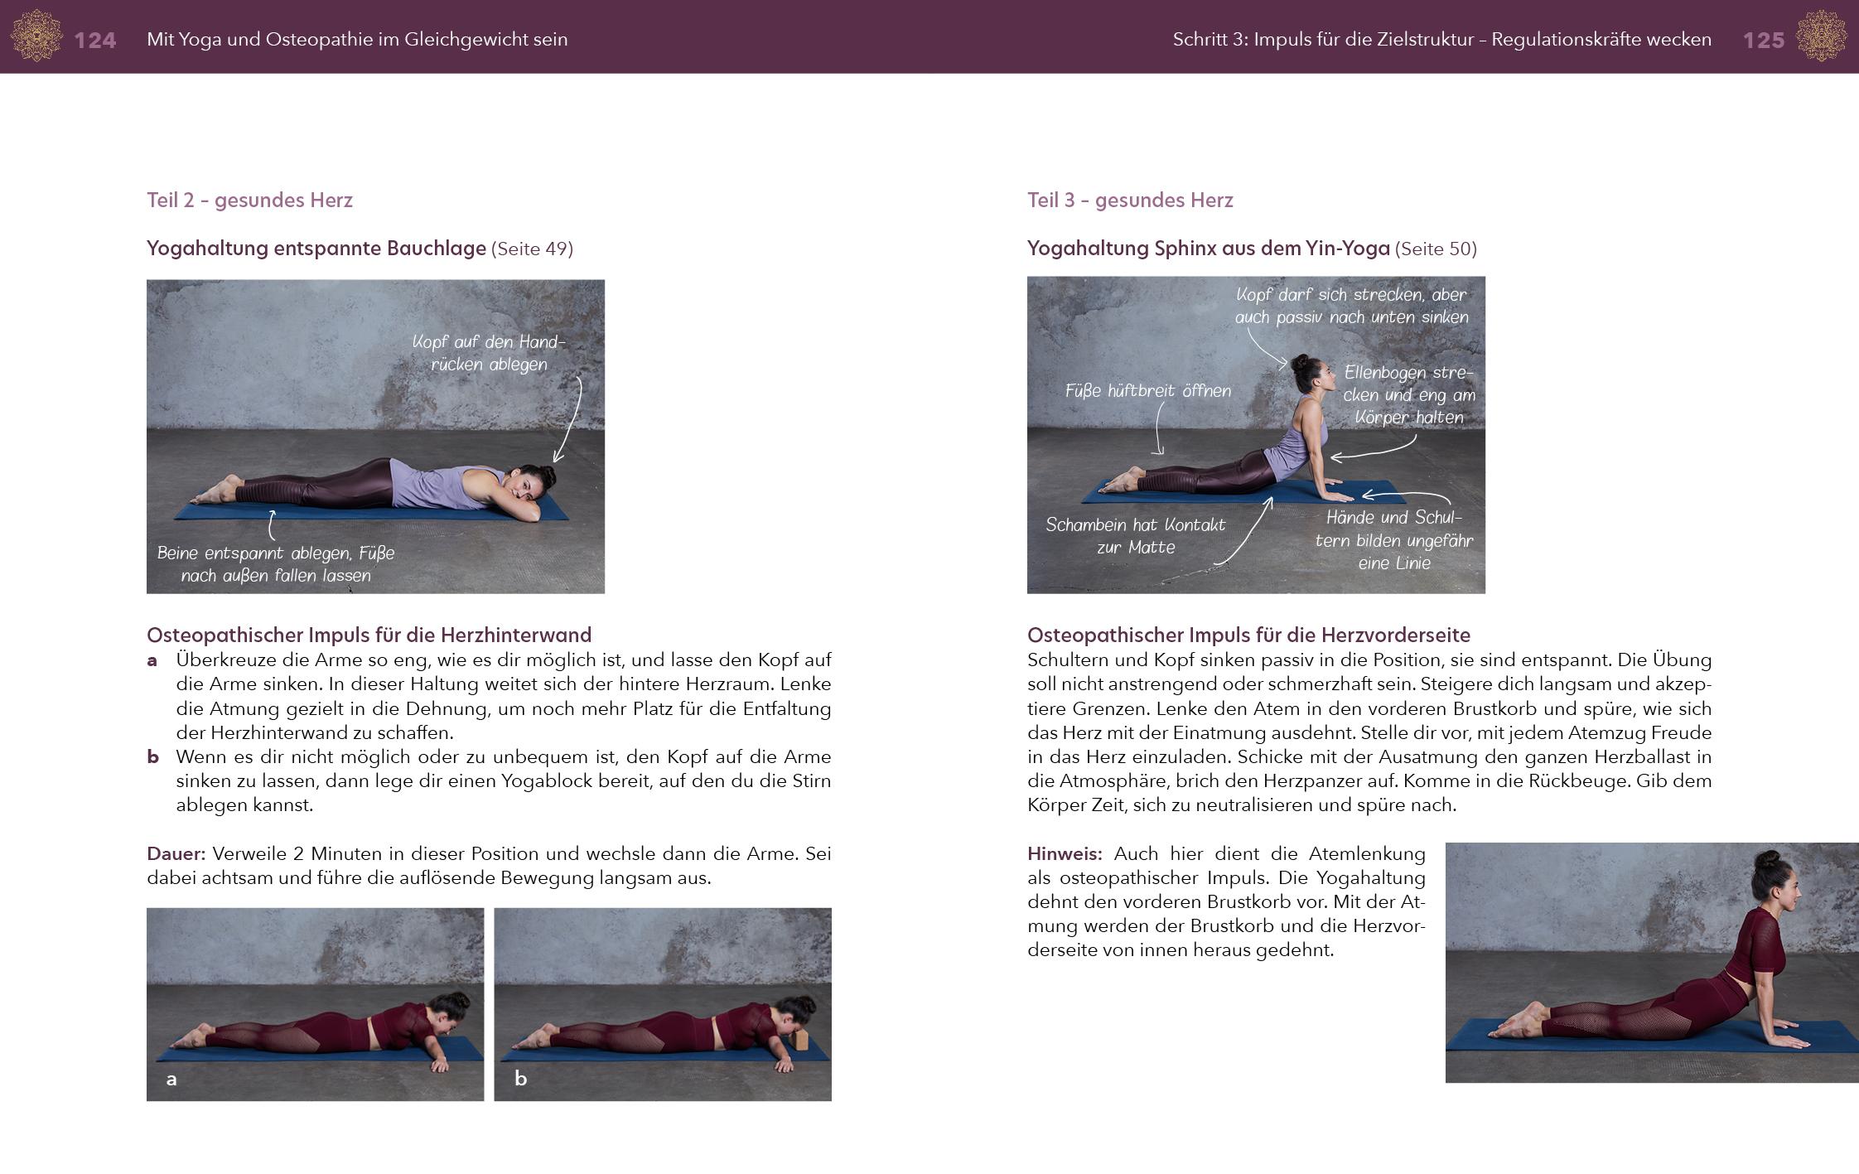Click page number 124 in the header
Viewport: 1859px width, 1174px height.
click(94, 40)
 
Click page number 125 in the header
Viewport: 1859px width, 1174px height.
click(1763, 40)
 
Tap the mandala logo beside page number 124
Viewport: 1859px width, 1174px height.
click(36, 36)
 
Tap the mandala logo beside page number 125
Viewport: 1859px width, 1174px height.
click(1821, 36)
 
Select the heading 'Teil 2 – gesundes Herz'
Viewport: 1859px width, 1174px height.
click(249, 200)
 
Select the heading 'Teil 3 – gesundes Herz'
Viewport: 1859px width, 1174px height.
click(1130, 200)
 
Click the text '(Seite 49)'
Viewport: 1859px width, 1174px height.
click(532, 249)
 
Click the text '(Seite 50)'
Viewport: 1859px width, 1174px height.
click(1436, 249)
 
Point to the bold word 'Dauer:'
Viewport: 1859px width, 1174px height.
click(176, 853)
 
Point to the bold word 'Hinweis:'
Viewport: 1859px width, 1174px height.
click(1065, 853)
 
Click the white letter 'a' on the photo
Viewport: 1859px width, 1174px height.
click(171, 1079)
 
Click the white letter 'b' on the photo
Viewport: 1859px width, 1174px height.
click(520, 1078)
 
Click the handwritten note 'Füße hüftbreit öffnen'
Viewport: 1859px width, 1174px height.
click(1147, 391)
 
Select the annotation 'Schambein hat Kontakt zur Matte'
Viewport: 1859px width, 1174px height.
click(1135, 535)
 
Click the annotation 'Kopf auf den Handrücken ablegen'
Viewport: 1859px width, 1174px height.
click(489, 353)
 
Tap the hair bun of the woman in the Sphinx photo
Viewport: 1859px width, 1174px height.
click(1299, 362)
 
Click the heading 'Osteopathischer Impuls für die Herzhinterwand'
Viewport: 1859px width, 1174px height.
click(369, 635)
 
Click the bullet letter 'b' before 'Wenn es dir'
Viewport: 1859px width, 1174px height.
click(152, 756)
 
